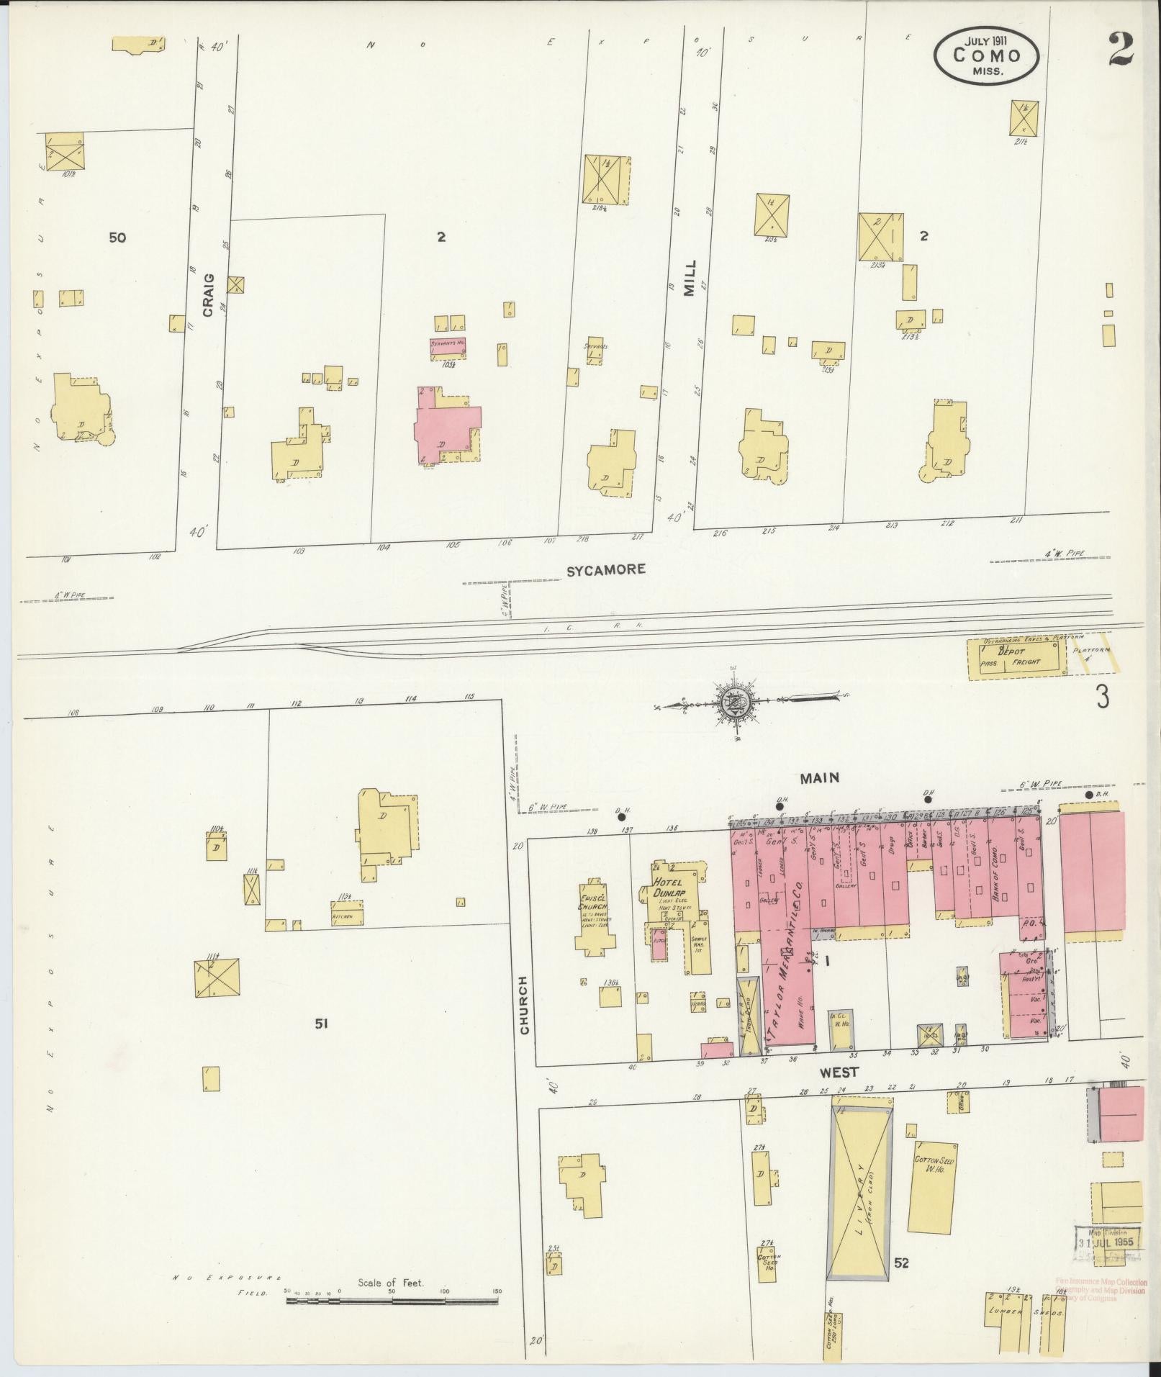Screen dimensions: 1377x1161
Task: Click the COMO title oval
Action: point(987,55)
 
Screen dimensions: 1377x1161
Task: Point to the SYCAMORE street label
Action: point(605,569)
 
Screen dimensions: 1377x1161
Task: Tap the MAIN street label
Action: point(819,777)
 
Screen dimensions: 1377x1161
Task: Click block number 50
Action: point(117,237)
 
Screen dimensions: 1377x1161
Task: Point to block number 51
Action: point(321,1023)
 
